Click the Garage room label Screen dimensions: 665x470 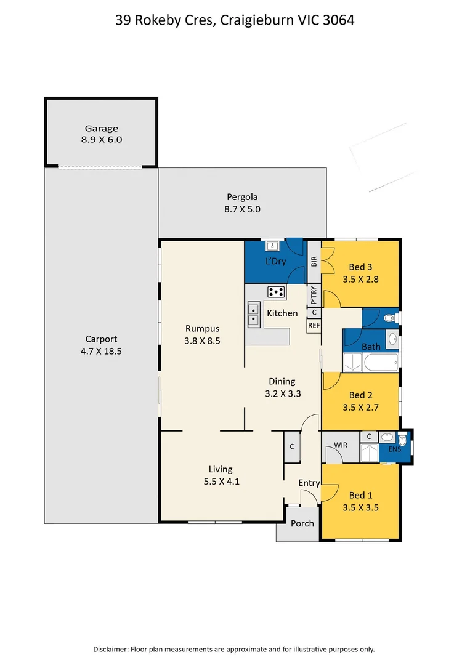(x=102, y=129)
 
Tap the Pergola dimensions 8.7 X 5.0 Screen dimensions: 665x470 (x=242, y=209)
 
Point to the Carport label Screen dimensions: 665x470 (x=101, y=339)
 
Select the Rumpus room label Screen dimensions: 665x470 (x=203, y=328)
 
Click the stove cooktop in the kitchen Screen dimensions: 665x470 (x=275, y=291)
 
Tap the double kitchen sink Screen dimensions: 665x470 (x=253, y=315)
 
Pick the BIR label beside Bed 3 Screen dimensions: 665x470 (x=314, y=261)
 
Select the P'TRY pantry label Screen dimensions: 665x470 (x=314, y=296)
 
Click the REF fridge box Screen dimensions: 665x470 (x=314, y=325)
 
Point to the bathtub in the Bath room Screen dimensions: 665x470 (x=376, y=363)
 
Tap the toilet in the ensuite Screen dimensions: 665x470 (x=402, y=441)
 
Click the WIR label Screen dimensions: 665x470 (x=341, y=444)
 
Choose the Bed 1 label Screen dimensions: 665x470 (x=360, y=495)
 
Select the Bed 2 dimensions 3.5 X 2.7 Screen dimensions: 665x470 (x=360, y=408)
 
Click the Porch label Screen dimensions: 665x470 (x=302, y=523)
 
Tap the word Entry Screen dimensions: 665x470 (x=309, y=483)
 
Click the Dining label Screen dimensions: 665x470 (x=282, y=381)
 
